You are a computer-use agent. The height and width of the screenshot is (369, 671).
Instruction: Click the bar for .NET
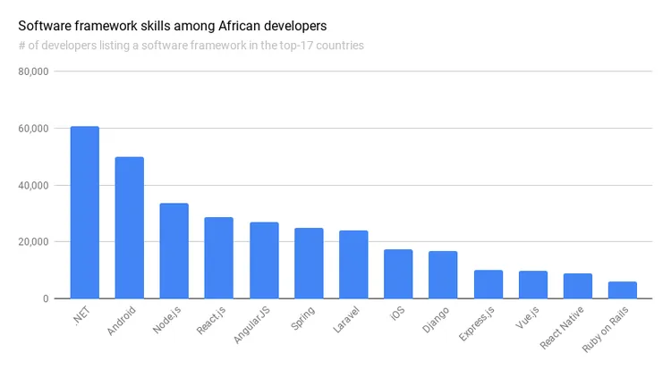[85, 212]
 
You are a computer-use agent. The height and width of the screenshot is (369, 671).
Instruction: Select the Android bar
[129, 228]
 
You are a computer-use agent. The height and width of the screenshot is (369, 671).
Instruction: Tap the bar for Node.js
[174, 250]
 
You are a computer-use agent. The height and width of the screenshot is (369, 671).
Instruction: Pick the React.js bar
[218, 258]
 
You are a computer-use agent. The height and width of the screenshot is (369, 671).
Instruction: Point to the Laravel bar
[353, 264]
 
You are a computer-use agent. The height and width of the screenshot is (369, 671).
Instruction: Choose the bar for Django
[443, 274]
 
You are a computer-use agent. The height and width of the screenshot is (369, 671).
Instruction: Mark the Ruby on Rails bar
[622, 289]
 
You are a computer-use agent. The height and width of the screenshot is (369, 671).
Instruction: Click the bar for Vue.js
[533, 284]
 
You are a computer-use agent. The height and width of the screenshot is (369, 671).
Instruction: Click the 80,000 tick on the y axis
[33, 71]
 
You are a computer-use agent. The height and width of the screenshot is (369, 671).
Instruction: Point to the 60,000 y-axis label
[33, 129]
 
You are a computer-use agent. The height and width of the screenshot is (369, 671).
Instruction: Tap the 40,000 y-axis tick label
[33, 186]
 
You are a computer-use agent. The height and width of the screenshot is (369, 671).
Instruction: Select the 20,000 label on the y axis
[33, 242]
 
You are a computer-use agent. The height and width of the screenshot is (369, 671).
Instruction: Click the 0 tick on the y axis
[46, 299]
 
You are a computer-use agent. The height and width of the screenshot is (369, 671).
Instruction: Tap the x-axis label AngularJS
[251, 324]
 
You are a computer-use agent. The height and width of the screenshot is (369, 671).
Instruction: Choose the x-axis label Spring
[302, 318]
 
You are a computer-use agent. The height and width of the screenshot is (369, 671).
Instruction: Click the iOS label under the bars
[397, 314]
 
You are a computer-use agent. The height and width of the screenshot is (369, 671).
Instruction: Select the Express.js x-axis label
[476, 323]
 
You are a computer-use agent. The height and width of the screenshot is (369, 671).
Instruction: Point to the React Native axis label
[562, 328]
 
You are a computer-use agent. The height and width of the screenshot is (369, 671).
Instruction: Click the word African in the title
[239, 26]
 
